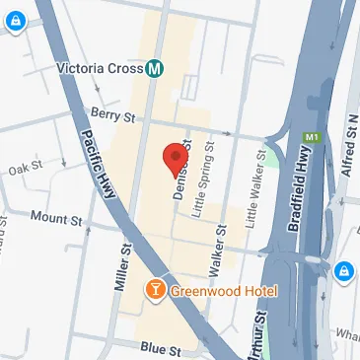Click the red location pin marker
176,158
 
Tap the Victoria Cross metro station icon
154,70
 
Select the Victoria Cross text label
102,70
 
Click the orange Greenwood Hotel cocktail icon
154,291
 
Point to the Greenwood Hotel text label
223,292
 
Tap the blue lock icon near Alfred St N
345,270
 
